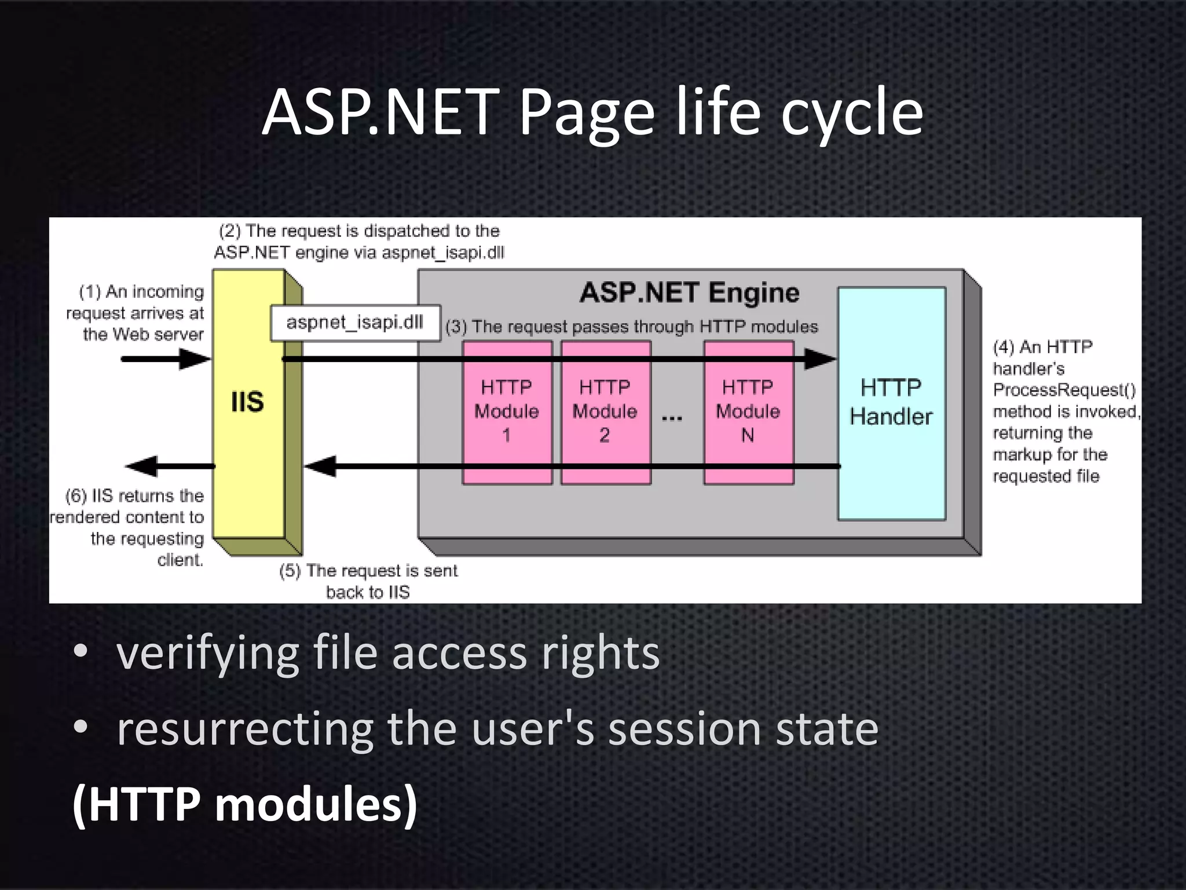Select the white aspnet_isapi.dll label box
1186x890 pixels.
(x=355, y=323)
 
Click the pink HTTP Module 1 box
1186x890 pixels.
(x=507, y=411)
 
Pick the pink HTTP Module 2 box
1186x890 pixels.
(x=605, y=411)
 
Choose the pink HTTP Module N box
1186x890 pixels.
(x=748, y=411)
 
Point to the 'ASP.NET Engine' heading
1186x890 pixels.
(x=689, y=293)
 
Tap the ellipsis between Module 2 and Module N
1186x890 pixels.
(x=672, y=418)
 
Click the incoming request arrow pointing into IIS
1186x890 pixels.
(x=165, y=359)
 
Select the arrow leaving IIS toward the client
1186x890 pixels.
(x=168, y=466)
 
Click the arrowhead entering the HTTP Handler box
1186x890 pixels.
(x=821, y=359)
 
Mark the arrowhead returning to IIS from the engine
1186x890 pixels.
(x=320, y=466)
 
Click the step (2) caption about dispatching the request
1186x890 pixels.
(x=359, y=242)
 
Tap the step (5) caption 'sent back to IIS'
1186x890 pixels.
(x=368, y=581)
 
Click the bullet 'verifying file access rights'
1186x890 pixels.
(x=388, y=653)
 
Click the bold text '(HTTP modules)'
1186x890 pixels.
(x=244, y=804)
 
